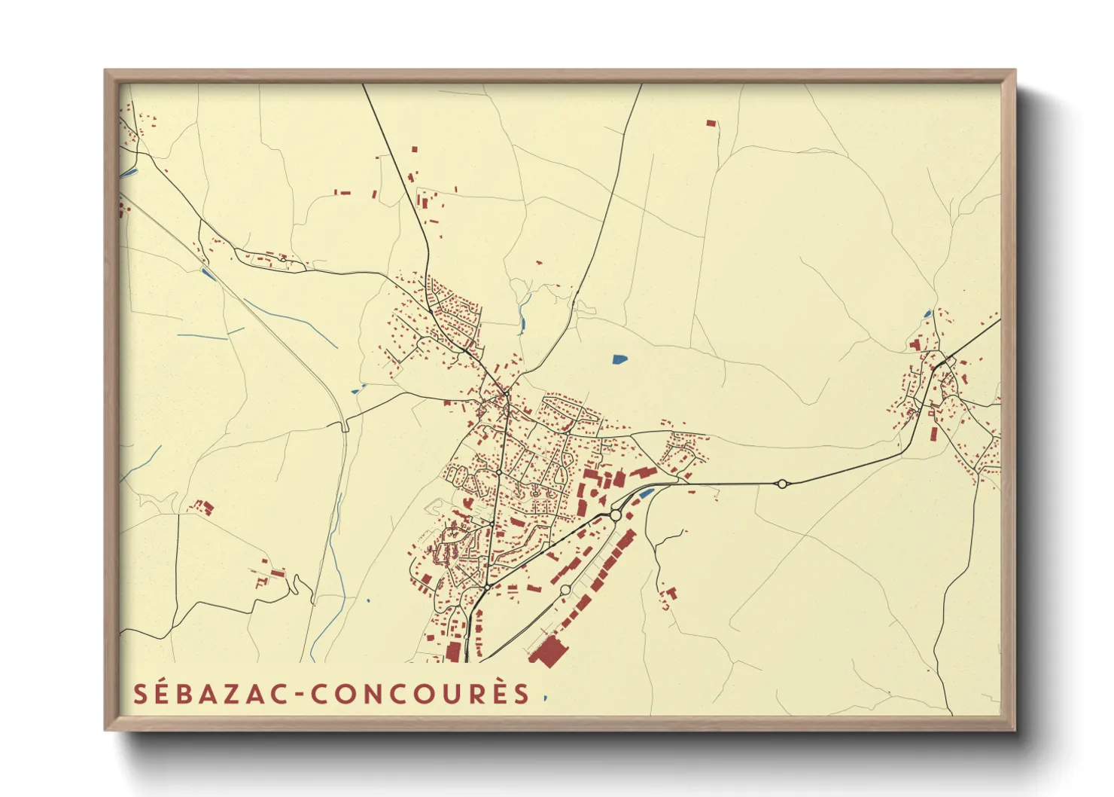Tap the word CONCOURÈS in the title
click(x=421, y=694)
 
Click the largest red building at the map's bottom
click(x=549, y=651)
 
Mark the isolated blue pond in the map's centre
click(x=619, y=359)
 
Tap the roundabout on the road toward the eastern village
click(x=782, y=484)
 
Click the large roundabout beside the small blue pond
click(x=616, y=515)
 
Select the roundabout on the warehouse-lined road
click(x=565, y=590)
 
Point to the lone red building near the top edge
click(x=711, y=122)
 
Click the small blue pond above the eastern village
click(x=928, y=313)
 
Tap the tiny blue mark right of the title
click(x=545, y=698)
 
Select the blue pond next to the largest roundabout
click(x=647, y=494)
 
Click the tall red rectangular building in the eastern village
click(x=934, y=435)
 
